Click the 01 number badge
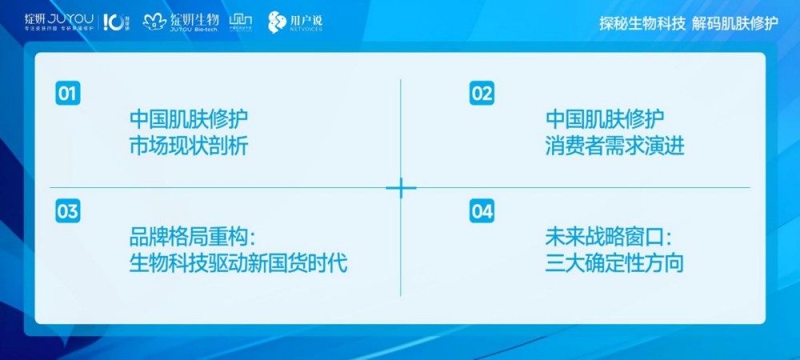click(68, 94)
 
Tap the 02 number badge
click(482, 94)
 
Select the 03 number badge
click(68, 211)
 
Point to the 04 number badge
click(482, 211)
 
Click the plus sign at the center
click(401, 188)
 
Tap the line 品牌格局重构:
click(196, 238)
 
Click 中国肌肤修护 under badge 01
click(189, 120)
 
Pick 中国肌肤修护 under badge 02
click(605, 120)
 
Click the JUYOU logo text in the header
click(70, 18)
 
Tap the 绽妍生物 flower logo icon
click(154, 22)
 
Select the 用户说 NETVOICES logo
click(295, 22)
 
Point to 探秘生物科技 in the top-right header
click(642, 23)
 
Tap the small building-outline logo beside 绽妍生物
click(240, 20)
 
